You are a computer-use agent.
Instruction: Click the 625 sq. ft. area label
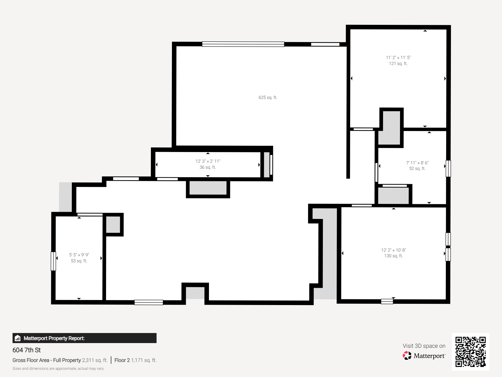tap(268, 97)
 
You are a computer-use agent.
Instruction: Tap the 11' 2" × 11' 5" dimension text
tap(398, 57)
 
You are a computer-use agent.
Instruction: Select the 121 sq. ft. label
tap(398, 64)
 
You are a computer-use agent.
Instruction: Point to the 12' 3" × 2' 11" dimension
tap(208, 161)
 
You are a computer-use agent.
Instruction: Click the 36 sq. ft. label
tap(208, 167)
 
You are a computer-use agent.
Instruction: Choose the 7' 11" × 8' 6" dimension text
tap(417, 163)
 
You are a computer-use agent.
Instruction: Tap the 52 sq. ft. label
tap(417, 169)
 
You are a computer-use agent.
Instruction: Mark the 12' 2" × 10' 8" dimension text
tap(393, 250)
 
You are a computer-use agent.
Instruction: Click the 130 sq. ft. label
tap(393, 256)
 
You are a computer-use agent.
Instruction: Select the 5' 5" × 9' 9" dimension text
tap(79, 255)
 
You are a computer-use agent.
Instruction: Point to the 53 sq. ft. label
tap(79, 261)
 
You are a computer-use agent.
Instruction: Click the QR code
tap(470, 352)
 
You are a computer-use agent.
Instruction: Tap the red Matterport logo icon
tap(407, 356)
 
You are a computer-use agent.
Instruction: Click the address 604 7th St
tap(27, 350)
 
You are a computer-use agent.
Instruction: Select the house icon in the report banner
tap(18, 338)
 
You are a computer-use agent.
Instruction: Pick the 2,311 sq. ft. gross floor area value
tap(95, 360)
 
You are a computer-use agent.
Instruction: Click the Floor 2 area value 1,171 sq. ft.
tap(144, 360)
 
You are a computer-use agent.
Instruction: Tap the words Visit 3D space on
tap(424, 346)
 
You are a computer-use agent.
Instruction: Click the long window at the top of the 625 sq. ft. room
tap(243, 44)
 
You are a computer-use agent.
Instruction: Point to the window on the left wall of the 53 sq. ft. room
tap(53, 261)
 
